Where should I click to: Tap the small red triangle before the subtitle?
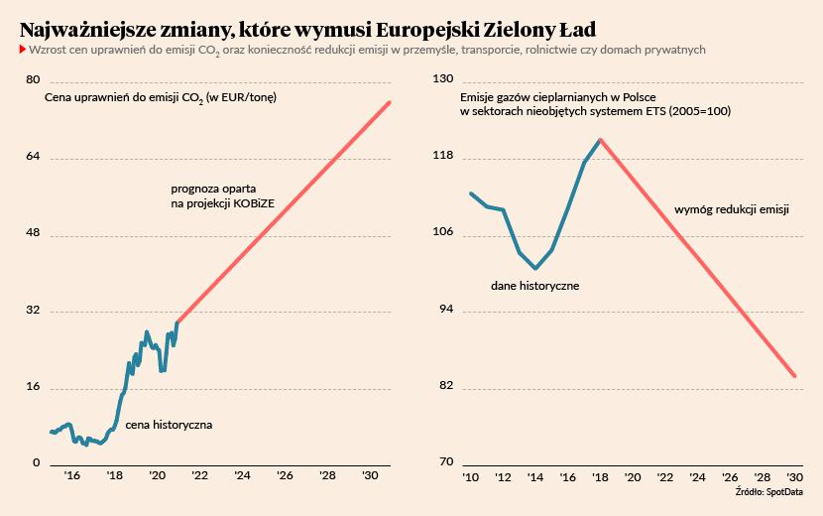click(23, 49)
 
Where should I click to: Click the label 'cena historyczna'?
click(169, 425)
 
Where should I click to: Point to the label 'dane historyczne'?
click(534, 286)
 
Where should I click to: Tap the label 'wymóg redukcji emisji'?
click(732, 209)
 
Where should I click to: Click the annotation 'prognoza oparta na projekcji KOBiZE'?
click(222, 195)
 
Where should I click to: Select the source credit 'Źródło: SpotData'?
click(769, 491)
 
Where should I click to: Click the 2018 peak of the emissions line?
click(600, 140)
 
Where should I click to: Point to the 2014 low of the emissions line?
click(535, 268)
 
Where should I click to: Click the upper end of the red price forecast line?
click(391, 102)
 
